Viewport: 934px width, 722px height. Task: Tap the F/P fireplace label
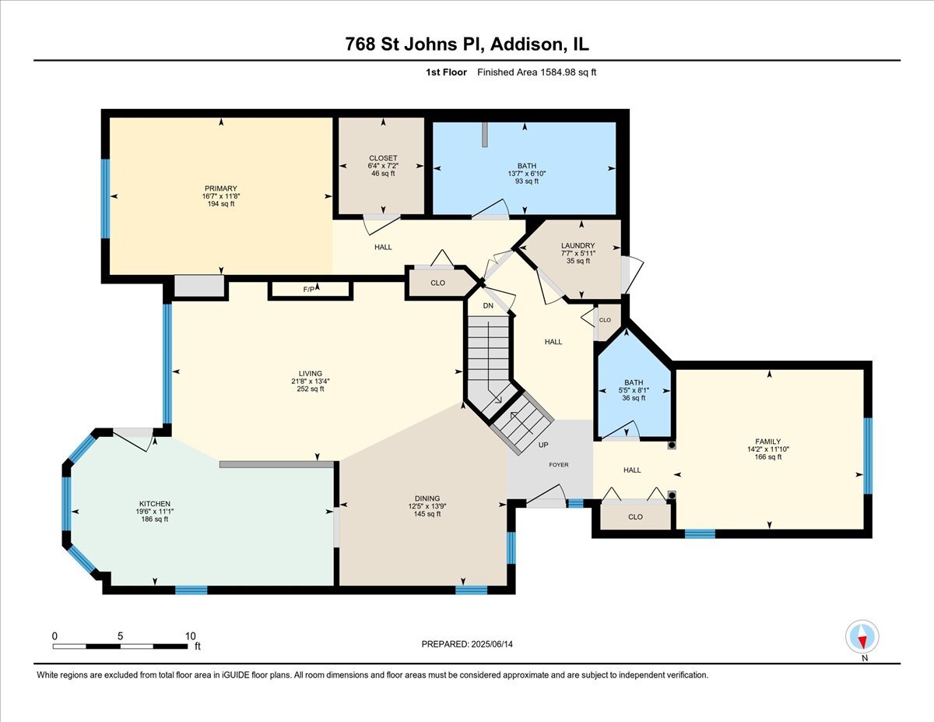310,291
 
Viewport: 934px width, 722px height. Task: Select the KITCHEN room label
155,503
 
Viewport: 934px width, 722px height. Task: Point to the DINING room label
427,498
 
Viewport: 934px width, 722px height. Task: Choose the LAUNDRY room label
578,245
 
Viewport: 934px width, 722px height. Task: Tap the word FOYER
558,465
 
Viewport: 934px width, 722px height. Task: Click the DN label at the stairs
488,306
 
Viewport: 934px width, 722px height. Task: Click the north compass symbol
862,637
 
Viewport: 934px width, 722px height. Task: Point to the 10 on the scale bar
191,636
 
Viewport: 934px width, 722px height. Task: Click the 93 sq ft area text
527,181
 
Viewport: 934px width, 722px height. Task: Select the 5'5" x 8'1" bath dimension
634,390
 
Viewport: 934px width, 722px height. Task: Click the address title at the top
467,44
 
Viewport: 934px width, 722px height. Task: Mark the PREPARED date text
468,644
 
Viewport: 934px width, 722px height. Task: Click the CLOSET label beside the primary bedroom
383,158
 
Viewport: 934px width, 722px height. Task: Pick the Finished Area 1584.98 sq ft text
536,72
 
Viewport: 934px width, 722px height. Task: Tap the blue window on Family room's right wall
868,456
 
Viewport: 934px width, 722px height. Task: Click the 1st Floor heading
446,72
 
